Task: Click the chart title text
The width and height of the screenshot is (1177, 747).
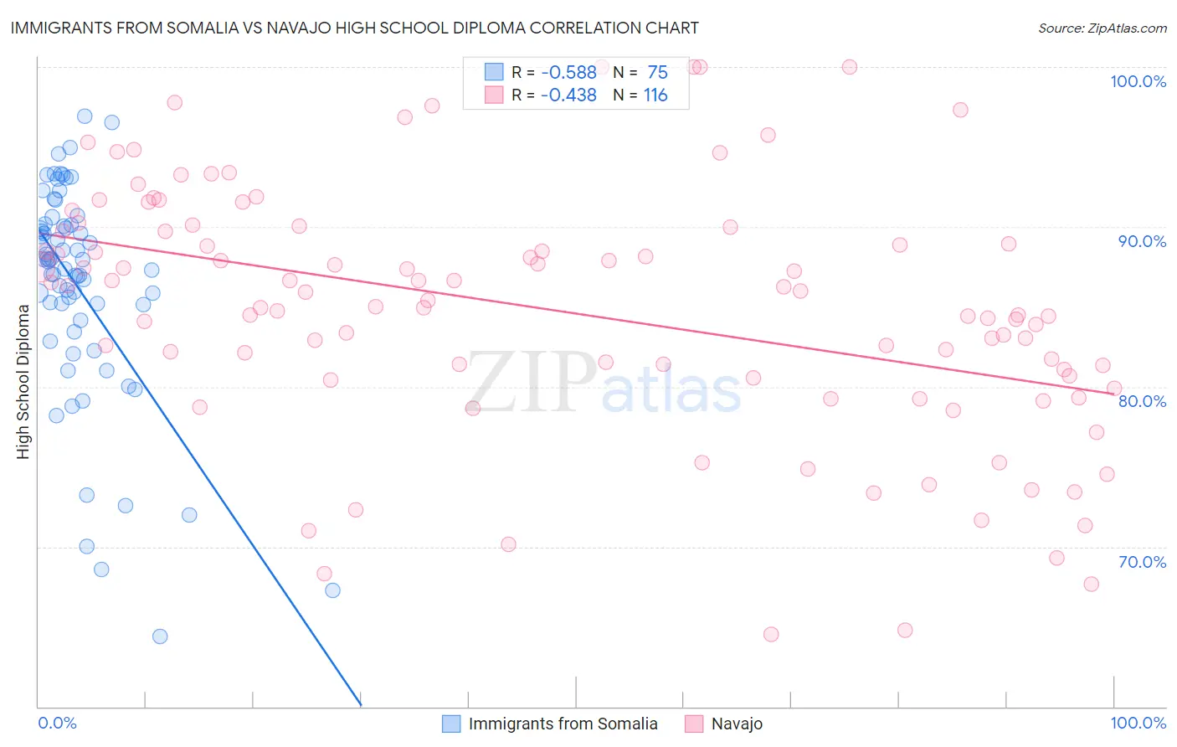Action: tap(354, 28)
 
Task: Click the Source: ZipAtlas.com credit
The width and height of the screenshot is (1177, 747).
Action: tap(1102, 28)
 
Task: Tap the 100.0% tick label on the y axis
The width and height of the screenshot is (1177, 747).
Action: tap(1138, 81)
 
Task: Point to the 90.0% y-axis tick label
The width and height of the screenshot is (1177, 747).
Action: tap(1142, 241)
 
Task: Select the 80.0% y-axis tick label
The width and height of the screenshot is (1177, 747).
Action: tap(1142, 401)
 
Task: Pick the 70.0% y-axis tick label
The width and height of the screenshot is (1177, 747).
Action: tap(1142, 562)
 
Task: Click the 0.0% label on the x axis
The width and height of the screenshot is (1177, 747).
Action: tap(57, 723)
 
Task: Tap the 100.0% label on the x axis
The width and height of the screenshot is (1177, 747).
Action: tap(1138, 723)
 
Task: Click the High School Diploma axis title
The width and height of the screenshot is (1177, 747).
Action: tap(23, 381)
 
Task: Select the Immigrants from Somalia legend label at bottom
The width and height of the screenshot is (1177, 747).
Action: tap(563, 724)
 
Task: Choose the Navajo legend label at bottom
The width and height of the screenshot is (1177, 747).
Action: tap(737, 724)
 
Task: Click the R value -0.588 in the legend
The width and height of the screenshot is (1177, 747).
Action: tap(568, 73)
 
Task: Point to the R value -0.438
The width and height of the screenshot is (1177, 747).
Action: tap(568, 95)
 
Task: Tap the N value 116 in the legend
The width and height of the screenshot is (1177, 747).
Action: tap(655, 95)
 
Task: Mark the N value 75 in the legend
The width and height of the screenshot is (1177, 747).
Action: tap(657, 73)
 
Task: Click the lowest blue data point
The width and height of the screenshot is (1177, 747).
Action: tap(160, 636)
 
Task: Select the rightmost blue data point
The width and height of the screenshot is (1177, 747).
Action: tap(332, 590)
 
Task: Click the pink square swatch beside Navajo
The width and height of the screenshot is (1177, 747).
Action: tap(694, 724)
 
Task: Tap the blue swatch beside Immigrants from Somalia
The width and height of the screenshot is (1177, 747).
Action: tap(451, 724)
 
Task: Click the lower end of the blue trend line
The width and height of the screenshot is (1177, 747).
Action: tap(361, 705)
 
